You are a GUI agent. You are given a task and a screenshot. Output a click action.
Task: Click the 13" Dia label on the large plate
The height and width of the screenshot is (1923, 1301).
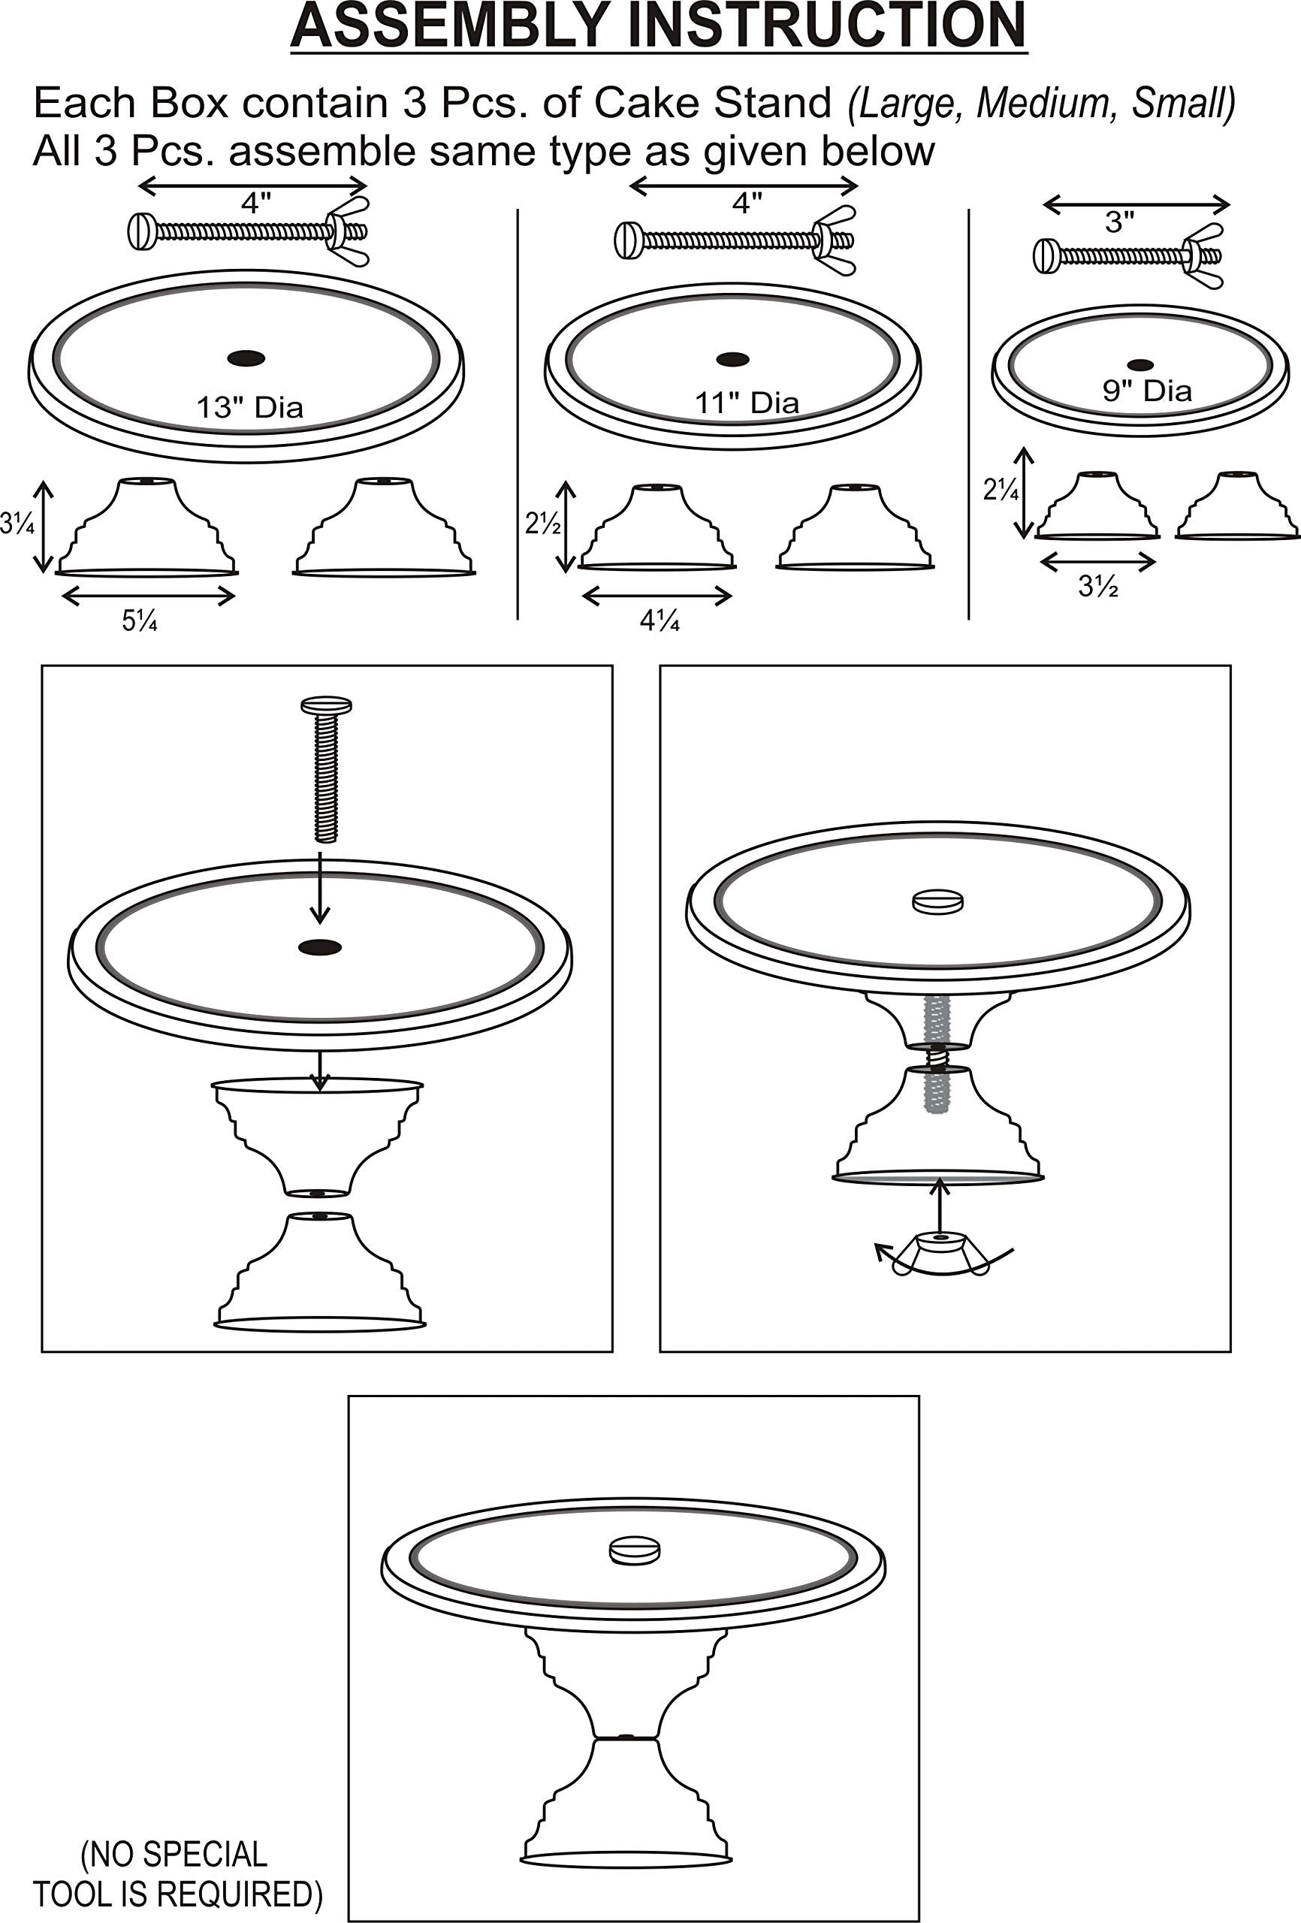[250, 407]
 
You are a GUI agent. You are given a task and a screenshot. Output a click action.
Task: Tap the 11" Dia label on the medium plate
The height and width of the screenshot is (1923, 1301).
[747, 403]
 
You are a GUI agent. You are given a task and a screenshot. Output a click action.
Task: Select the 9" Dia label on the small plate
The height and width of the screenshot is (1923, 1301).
[1147, 390]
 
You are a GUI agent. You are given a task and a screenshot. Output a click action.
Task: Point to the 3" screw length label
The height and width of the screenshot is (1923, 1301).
[1120, 222]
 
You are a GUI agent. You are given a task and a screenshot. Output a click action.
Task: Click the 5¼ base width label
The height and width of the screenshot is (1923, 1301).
[140, 620]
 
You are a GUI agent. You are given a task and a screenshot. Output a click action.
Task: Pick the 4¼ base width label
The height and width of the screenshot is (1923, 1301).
[660, 620]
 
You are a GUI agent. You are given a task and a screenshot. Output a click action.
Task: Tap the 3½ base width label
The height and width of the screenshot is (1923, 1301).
[1099, 586]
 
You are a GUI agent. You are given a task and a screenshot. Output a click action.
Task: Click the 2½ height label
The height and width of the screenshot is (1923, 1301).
[544, 523]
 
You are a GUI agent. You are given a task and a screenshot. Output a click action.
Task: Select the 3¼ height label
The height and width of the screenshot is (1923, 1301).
[17, 523]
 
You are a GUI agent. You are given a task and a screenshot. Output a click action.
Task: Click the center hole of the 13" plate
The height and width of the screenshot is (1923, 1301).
[246, 358]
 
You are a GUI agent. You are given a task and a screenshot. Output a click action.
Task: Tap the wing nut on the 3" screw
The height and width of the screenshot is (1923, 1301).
[1201, 255]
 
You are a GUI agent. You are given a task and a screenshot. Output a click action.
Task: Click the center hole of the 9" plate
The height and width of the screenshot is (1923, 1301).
[1140, 365]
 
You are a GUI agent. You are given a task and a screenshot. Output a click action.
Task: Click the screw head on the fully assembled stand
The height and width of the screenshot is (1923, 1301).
[635, 1549]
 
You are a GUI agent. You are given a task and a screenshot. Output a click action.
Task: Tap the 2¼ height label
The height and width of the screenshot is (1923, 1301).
[1001, 491]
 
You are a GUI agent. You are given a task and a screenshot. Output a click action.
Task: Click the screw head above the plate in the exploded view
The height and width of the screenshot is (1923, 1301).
[326, 706]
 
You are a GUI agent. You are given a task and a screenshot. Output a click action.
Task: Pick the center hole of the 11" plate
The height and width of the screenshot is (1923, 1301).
[732, 359]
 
